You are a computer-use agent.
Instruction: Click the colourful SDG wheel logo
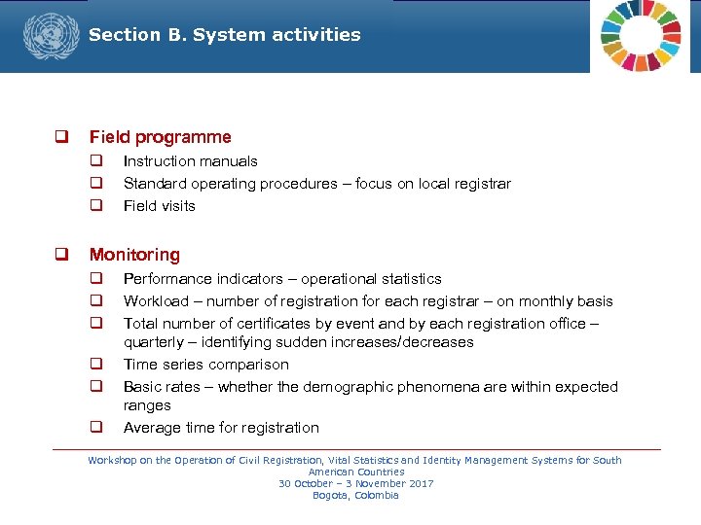point(643,35)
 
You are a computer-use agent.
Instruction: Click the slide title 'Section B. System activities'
point(224,35)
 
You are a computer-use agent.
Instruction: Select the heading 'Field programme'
point(160,137)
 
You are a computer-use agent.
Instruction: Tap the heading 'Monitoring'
point(134,255)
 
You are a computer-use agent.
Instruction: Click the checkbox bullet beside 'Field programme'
point(60,137)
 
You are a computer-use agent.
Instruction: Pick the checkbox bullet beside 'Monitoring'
point(60,255)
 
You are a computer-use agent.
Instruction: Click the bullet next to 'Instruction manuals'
point(97,161)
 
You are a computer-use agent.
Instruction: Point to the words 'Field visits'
point(159,206)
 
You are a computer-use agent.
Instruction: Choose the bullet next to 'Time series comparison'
point(97,365)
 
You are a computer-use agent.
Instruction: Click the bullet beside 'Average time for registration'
point(97,428)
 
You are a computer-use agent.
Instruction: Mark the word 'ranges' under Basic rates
point(147,405)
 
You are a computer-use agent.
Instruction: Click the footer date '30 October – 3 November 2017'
point(355,483)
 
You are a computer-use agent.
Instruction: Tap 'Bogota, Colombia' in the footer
point(355,495)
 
